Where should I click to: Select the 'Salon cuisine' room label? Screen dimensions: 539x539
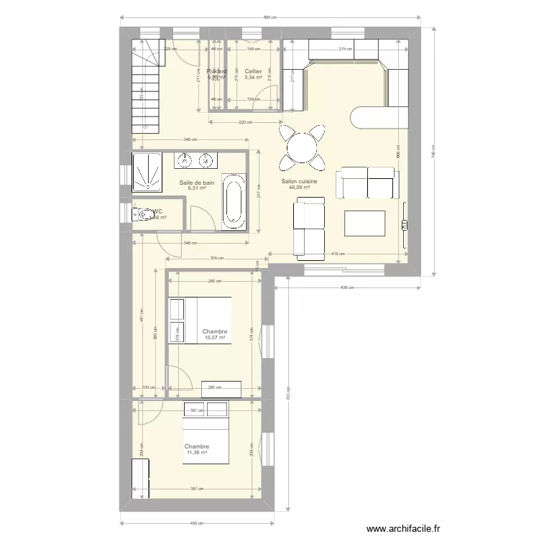pyautogui.click(x=299, y=182)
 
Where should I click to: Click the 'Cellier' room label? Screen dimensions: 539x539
pyautogui.click(x=252, y=72)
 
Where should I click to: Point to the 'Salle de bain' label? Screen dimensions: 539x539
pyautogui.click(x=196, y=183)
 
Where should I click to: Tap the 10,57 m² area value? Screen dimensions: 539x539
pyautogui.click(x=214, y=338)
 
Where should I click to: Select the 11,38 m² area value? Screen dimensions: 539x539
pyautogui.click(x=196, y=453)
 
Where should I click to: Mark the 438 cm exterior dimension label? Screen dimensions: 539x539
pyautogui.click(x=346, y=287)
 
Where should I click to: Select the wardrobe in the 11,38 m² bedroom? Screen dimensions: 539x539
pyautogui.click(x=142, y=478)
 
